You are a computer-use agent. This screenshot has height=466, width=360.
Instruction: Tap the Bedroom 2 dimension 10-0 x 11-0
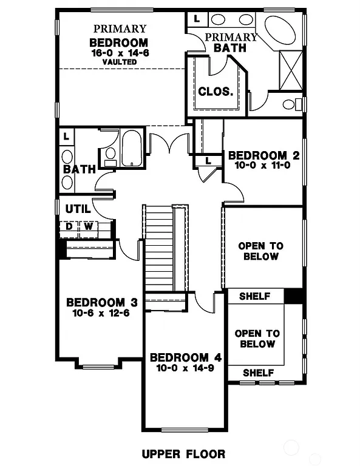(263, 166)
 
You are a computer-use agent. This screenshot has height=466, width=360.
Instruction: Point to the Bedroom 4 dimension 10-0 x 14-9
(180, 367)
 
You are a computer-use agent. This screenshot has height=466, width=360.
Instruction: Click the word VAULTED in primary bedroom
(119, 62)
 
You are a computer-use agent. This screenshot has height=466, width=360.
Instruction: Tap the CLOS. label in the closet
(216, 92)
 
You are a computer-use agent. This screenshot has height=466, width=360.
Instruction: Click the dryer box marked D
(69, 227)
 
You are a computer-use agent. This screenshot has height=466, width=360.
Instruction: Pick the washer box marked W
(87, 227)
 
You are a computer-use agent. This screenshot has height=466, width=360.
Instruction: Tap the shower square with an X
(290, 70)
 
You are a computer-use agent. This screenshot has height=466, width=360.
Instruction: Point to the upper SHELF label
(254, 296)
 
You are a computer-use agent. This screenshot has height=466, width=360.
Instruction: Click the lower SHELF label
(258, 373)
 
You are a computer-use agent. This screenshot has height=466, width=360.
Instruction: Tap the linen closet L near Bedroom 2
(208, 161)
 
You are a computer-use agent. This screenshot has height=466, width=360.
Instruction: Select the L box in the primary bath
(197, 19)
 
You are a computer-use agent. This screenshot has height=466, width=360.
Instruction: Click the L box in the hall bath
(66, 136)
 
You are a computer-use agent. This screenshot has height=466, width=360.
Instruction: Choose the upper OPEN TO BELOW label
(261, 251)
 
